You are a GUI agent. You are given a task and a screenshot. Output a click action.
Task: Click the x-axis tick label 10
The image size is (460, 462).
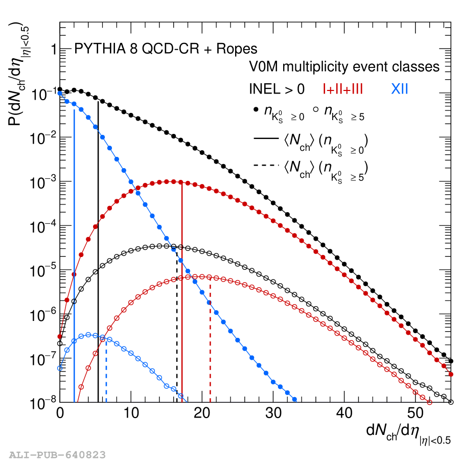tap(131, 413)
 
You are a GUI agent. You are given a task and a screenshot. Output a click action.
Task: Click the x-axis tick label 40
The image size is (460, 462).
tap(344, 413)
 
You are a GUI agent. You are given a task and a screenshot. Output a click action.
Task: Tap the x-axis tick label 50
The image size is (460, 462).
tap(416, 413)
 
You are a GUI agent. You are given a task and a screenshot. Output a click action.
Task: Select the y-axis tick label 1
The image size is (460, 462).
tap(54, 49)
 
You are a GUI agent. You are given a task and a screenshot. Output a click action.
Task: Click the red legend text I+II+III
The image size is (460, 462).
tap(343, 89)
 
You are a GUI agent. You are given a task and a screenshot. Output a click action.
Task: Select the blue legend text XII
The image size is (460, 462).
tap(400, 89)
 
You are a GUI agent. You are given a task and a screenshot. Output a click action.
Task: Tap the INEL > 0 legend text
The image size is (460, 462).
tap(277, 89)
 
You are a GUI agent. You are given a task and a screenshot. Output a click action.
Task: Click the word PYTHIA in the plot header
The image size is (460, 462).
tap(100, 49)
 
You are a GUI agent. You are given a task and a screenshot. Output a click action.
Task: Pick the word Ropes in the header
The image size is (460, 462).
tap(237, 49)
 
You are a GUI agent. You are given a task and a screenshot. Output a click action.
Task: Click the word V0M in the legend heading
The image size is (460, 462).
tap(264, 66)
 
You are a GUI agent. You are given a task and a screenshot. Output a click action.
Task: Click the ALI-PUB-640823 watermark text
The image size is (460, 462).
tap(57, 455)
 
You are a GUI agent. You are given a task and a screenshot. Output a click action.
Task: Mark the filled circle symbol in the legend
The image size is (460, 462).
tap(256, 109)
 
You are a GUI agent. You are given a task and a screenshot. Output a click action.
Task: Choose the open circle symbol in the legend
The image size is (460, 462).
tap(315, 109)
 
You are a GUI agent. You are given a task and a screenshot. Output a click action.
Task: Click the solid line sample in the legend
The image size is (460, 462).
tap(266, 138)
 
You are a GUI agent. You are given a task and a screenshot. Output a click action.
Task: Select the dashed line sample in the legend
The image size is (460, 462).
tap(266, 165)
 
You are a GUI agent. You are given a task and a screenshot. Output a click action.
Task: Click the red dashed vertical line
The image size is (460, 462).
tap(210, 340)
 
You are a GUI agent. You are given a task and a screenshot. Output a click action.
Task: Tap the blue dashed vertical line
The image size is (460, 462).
tap(106, 370)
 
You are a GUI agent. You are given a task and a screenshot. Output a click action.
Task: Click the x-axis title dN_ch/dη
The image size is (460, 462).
tap(408, 434)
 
